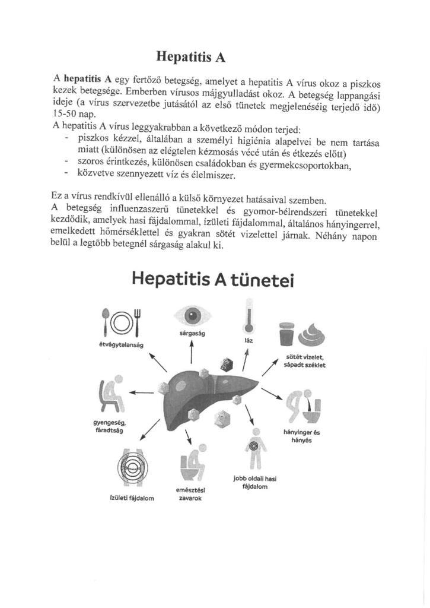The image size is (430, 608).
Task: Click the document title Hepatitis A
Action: (191, 57)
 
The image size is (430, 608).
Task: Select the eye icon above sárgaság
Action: (192, 315)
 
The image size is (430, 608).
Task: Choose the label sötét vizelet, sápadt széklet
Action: (305, 361)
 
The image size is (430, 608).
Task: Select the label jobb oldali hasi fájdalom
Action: (255, 482)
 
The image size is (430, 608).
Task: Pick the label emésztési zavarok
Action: (190, 493)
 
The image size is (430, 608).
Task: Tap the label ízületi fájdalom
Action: (132, 498)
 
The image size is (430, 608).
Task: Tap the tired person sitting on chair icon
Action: (112, 394)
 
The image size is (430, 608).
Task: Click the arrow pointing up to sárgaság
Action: (192, 353)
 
